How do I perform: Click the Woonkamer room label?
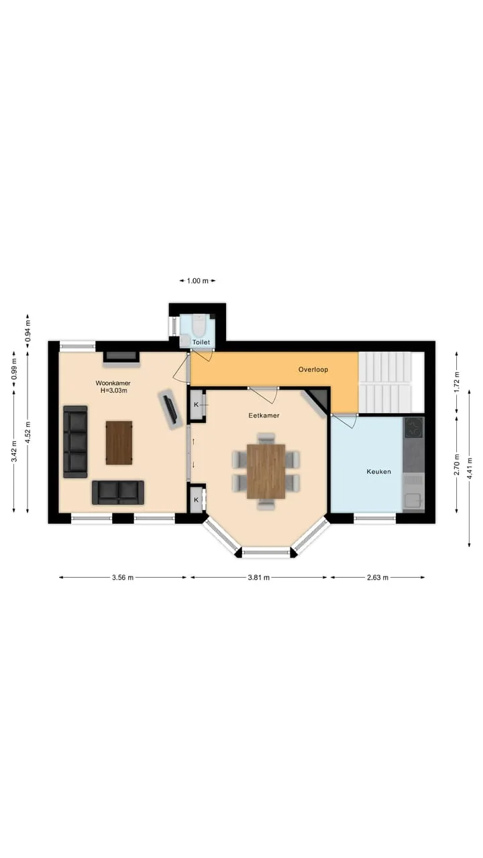tap(113, 383)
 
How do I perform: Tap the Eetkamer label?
tap(264, 415)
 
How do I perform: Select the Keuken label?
tap(379, 471)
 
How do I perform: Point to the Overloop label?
tap(313, 369)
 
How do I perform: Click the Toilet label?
tap(201, 342)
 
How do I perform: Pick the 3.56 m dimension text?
tap(123, 577)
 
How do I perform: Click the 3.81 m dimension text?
tap(259, 577)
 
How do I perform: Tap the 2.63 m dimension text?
tap(378, 577)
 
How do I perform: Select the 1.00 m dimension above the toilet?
tap(197, 281)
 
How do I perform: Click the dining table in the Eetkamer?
tap(266, 471)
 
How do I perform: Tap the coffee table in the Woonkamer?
tap(119, 443)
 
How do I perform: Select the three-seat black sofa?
tap(76, 442)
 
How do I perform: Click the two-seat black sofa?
tap(118, 493)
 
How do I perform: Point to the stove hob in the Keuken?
tap(414, 428)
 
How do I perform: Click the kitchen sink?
tap(414, 499)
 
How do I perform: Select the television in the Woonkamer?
tap(171, 410)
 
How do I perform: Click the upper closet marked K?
tap(197, 404)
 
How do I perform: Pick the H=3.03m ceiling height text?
tap(114, 391)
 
